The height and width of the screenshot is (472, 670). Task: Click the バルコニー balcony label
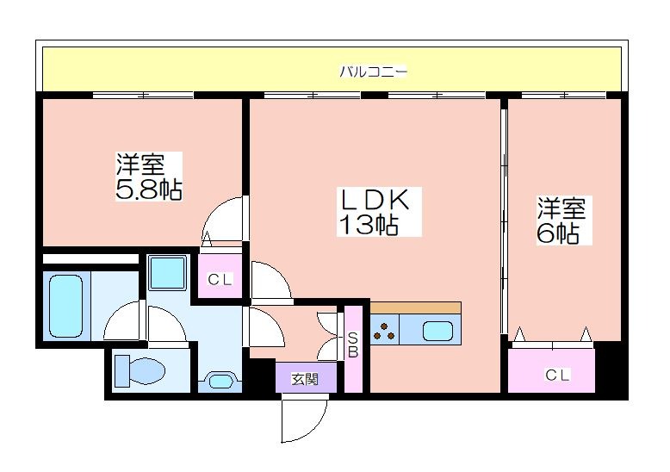point(373,71)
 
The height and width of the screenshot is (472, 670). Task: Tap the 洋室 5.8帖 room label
point(149,177)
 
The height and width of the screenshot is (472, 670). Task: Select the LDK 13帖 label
point(375,211)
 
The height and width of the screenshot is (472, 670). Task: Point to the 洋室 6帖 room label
point(561,220)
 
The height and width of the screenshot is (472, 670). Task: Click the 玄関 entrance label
point(305,379)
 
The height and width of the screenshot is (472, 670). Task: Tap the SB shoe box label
point(353,345)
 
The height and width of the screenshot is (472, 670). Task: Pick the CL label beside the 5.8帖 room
point(220,280)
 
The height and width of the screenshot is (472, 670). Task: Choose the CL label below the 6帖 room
point(557,376)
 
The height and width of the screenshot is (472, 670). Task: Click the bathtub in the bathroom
point(65,306)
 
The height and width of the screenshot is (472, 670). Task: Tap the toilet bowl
point(140,370)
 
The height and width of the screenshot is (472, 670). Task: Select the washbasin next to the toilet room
point(220,380)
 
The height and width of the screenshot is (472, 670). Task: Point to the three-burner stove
point(384,330)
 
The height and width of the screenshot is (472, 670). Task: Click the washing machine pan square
point(167,272)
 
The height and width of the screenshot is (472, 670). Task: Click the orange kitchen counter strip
point(415,307)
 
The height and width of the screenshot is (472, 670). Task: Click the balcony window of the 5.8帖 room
point(143,95)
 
